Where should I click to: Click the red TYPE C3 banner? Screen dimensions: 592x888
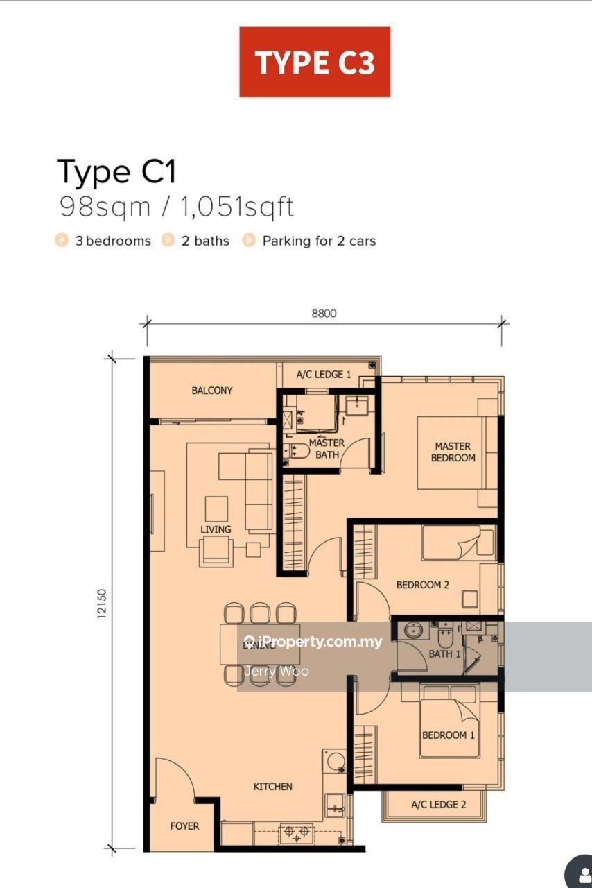point(315,62)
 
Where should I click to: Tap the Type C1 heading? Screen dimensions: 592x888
point(116,172)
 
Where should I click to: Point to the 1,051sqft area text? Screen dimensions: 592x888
point(237,207)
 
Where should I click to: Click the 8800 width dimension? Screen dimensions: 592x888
point(324,314)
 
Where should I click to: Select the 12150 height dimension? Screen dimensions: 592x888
point(101,604)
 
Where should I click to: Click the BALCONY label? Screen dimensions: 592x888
point(212,391)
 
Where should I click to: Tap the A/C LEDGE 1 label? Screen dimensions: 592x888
point(324,374)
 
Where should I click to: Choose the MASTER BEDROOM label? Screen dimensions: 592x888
point(453,452)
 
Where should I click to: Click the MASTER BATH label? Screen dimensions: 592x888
point(327,449)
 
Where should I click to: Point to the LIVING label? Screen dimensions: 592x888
point(216,529)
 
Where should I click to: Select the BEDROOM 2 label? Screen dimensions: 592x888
point(422,585)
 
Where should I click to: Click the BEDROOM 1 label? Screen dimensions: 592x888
point(449,735)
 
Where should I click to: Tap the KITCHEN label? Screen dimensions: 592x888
point(272,787)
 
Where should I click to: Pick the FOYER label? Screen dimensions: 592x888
point(184,826)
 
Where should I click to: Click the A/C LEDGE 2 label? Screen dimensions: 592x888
point(438,804)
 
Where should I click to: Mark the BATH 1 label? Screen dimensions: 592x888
point(444,654)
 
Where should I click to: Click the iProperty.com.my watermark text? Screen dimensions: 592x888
point(313,642)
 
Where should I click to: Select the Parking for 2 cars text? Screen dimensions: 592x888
point(319,241)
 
